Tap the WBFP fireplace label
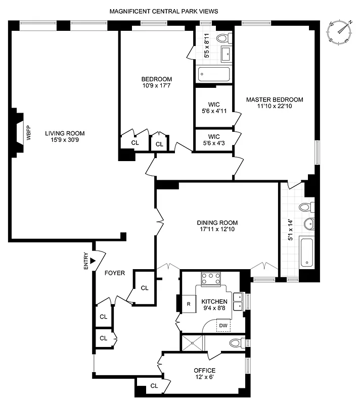point(28,137)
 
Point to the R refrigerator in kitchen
point(188,304)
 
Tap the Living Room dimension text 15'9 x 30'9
point(65,140)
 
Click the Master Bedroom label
point(275,99)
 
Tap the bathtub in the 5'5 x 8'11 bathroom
point(214,75)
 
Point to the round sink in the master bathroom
point(308,224)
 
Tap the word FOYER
point(115,273)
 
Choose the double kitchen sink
point(239,301)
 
